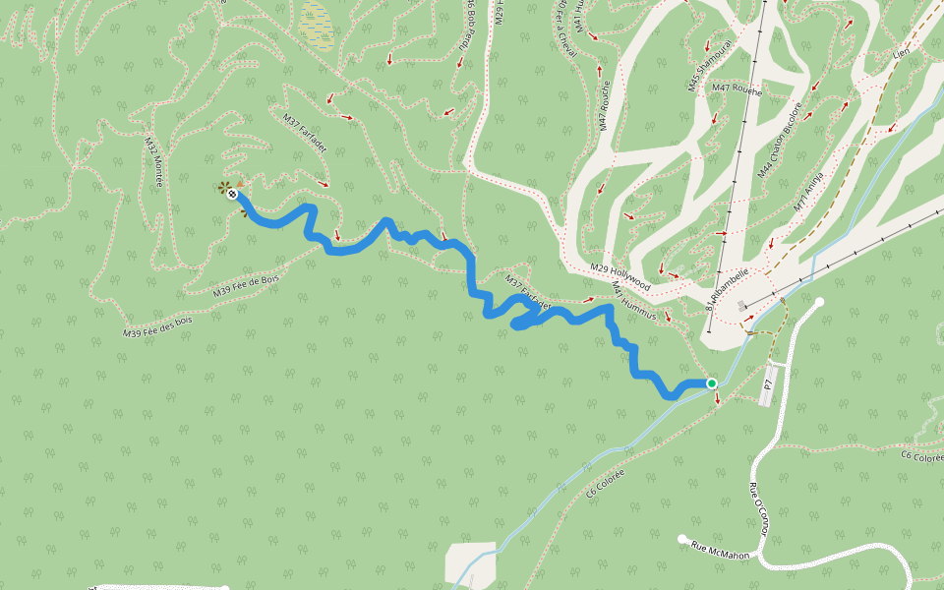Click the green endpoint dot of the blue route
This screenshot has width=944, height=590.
(711, 383)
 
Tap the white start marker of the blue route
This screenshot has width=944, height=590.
(233, 195)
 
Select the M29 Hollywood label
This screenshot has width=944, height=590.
(620, 275)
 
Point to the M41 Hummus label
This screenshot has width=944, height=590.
(633, 301)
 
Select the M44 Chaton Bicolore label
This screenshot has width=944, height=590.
(780, 139)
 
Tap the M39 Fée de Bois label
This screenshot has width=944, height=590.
(246, 286)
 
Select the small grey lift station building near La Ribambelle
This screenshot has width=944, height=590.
(740, 306)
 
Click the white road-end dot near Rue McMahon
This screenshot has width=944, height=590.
(682, 538)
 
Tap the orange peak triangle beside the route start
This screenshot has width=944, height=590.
(240, 183)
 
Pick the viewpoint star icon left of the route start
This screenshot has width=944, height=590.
(225, 186)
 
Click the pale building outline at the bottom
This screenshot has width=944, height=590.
(470, 563)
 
